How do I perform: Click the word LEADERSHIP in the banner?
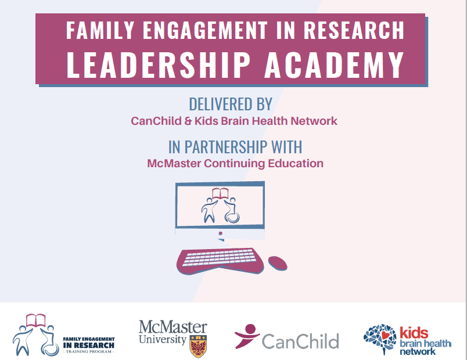[x=158, y=64]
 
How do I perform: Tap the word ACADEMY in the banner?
[x=334, y=64]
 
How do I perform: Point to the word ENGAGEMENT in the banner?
[x=205, y=30]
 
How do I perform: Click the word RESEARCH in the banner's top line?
[x=354, y=30]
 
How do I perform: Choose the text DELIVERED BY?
[x=231, y=104]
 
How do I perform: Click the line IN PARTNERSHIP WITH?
[x=235, y=147]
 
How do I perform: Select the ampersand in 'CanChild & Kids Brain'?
[x=188, y=121]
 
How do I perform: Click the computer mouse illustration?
[x=278, y=263]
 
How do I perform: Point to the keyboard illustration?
[x=220, y=261]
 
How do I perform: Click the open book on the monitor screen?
[x=220, y=193]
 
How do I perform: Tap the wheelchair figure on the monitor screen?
[x=231, y=210]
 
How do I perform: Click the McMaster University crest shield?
[x=198, y=346]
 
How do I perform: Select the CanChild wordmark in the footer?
[x=300, y=341]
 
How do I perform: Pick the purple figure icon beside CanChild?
[x=247, y=336]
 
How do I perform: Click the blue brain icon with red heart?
[x=380, y=339]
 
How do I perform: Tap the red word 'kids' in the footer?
[x=414, y=333]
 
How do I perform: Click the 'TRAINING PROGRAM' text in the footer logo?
[x=89, y=352]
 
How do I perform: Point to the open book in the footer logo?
[x=36, y=321]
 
